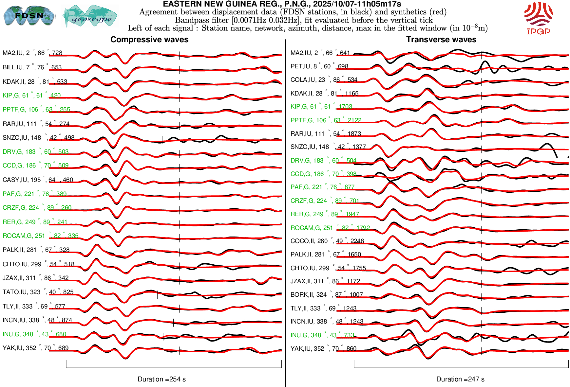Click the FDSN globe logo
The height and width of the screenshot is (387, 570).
coord(29,15)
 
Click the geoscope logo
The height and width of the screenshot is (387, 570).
coord(91,16)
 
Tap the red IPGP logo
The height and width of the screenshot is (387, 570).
coord(538,18)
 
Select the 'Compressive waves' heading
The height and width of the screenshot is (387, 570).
coord(149,40)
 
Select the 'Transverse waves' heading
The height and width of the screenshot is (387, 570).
coord(441,40)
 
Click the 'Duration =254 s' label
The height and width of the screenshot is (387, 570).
coord(161,379)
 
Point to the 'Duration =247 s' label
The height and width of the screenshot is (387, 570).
coord(460,379)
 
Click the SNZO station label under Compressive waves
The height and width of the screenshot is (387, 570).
coord(38,138)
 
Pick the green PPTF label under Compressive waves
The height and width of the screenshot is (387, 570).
coord(36,110)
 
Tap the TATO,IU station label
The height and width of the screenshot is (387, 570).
coord(38,292)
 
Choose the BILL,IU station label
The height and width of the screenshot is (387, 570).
coord(32,67)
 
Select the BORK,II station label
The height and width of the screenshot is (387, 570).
coord(327,295)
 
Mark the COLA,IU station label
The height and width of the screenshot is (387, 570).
coord(324,80)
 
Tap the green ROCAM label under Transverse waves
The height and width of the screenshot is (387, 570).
coord(330,228)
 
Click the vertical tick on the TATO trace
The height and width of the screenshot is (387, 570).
coord(158,295)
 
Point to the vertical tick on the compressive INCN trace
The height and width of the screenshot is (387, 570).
coord(174,323)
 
